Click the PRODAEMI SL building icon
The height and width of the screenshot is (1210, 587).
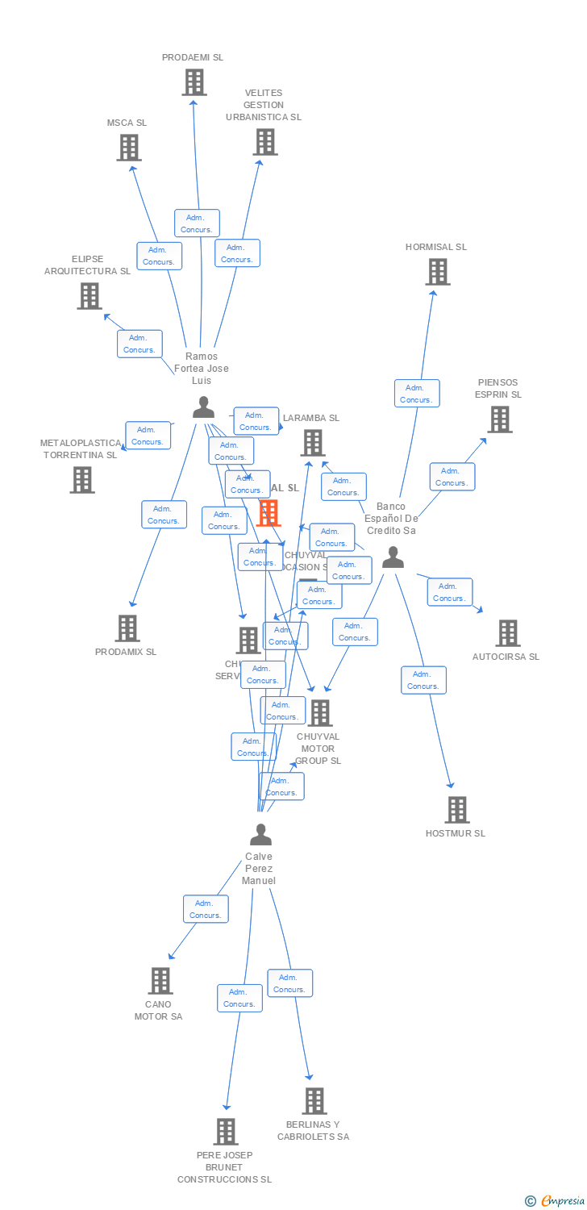click(x=194, y=82)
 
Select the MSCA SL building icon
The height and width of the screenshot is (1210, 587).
click(x=128, y=148)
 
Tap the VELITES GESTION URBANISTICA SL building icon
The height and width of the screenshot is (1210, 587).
click(x=264, y=142)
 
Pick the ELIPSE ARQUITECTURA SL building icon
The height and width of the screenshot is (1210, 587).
click(x=89, y=296)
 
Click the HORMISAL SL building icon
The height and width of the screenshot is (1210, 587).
click(x=437, y=272)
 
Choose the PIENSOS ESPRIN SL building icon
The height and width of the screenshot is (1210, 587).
click(x=499, y=419)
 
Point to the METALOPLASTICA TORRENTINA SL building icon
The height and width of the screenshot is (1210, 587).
click(x=81, y=480)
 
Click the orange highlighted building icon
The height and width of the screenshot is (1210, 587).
click(x=268, y=512)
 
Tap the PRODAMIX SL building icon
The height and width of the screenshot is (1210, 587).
click(x=127, y=628)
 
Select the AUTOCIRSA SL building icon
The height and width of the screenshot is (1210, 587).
click(x=507, y=633)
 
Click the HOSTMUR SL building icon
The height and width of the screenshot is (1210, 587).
click(x=456, y=810)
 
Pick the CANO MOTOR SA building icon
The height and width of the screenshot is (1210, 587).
click(x=160, y=981)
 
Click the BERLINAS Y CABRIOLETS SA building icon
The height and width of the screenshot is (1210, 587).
click(x=314, y=1101)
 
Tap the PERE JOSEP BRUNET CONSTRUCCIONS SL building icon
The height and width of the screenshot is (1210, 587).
click(x=226, y=1132)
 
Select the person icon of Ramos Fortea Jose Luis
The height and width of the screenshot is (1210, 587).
click(x=203, y=407)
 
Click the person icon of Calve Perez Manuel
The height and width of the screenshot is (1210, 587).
click(x=260, y=834)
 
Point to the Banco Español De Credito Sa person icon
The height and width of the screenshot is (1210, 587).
click(x=393, y=557)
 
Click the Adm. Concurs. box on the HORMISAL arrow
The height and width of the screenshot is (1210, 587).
click(x=417, y=394)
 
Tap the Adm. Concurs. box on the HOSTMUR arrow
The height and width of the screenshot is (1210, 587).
click(x=423, y=680)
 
